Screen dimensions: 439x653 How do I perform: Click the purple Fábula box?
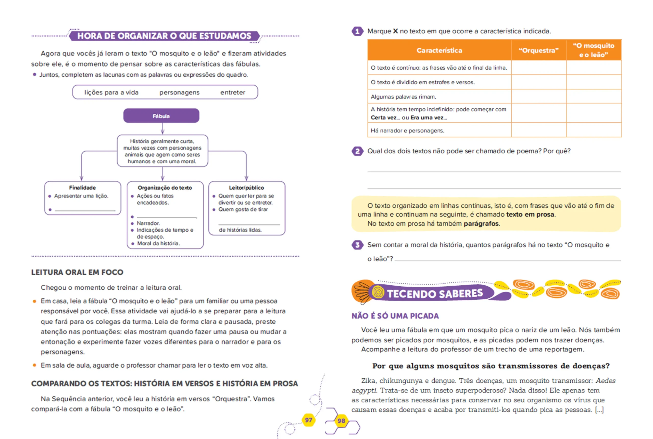click(161, 116)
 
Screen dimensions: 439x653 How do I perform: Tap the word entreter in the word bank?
click(233, 92)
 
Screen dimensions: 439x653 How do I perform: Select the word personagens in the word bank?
click(179, 92)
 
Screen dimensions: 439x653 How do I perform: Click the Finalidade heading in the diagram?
click(82, 188)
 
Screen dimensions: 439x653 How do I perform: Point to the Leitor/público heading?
click(246, 188)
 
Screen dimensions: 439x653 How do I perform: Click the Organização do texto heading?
click(165, 188)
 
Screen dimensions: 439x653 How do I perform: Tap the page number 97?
click(309, 420)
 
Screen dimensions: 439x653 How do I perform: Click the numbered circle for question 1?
click(357, 31)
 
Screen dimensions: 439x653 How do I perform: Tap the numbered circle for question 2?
click(357, 151)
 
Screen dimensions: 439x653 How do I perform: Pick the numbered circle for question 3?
click(357, 245)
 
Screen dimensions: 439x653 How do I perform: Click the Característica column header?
click(439, 50)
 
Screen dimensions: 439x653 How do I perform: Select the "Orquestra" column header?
click(538, 50)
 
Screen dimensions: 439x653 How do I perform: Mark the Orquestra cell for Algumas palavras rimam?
click(538, 97)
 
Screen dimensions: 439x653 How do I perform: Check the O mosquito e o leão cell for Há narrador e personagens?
click(594, 130)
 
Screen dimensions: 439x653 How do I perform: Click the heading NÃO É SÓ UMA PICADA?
click(395, 316)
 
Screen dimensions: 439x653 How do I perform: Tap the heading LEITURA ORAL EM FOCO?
click(77, 272)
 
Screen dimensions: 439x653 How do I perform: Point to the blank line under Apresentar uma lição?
click(85, 209)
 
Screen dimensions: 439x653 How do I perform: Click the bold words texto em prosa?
click(530, 215)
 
